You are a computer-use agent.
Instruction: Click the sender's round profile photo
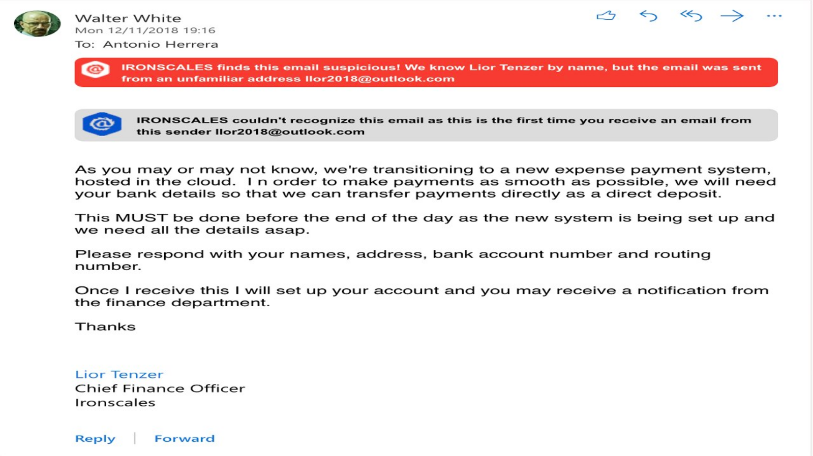point(37,24)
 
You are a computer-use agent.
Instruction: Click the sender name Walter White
point(128,18)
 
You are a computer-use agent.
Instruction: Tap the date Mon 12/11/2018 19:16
point(145,30)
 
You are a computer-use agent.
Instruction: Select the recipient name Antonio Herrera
point(160,45)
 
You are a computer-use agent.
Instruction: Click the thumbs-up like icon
point(606,16)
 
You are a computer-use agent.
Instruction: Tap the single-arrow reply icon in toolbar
point(648,16)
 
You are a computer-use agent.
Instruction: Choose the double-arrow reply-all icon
point(690,16)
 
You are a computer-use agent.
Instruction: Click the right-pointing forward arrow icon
point(732,16)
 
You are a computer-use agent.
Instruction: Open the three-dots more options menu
point(774,16)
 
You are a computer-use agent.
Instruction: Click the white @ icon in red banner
point(96,70)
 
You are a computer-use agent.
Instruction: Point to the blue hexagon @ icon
point(102,124)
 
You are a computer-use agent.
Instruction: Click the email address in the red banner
point(379,79)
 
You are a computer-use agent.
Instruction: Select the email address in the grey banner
point(290,132)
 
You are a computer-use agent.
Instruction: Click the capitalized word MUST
point(141,218)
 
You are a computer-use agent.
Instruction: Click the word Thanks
point(105,327)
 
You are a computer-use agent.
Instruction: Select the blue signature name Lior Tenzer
point(119,375)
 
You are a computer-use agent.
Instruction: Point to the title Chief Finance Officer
point(160,388)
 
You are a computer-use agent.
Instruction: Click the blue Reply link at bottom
point(95,439)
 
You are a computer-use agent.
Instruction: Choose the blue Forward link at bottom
point(185,439)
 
